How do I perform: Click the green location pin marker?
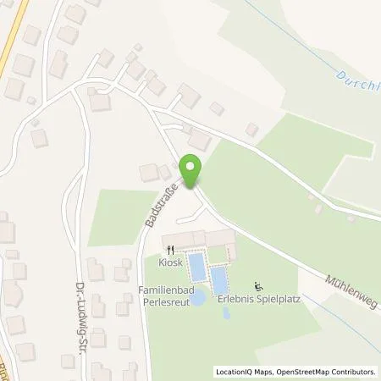[192, 172]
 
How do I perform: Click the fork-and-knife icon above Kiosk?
[170, 250]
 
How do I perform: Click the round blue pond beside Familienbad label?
[197, 298]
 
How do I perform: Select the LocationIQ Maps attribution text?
[243, 371]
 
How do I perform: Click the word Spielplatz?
[265, 299]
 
